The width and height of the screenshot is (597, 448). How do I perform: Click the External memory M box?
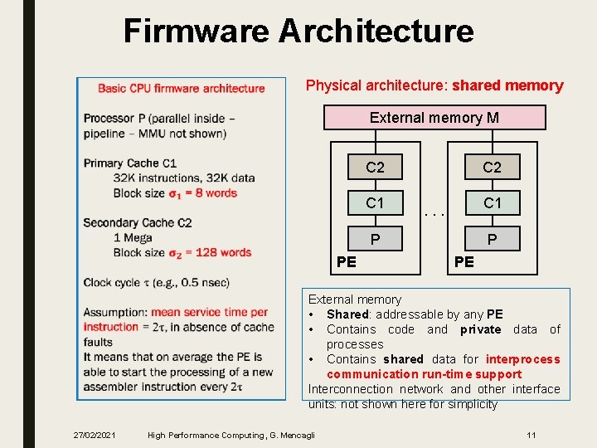point(434,118)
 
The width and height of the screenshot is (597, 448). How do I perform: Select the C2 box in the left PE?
point(376,168)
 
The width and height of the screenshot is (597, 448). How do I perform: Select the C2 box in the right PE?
point(492,168)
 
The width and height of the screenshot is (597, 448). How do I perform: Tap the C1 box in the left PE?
point(376,203)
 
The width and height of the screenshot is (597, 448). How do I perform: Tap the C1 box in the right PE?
point(492,203)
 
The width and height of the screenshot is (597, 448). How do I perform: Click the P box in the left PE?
point(376,239)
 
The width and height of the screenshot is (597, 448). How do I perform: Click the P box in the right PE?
point(492,239)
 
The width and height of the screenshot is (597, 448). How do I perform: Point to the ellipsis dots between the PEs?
point(434,213)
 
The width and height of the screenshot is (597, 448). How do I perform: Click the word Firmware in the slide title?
point(196,32)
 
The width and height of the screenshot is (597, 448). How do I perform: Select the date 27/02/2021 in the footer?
point(95,435)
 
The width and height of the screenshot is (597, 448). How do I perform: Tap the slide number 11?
point(531,435)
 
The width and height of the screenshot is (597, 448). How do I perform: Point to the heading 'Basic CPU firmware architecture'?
point(182,88)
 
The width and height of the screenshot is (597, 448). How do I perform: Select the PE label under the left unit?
point(347,262)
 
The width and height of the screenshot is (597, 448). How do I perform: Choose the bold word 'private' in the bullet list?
point(481,329)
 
